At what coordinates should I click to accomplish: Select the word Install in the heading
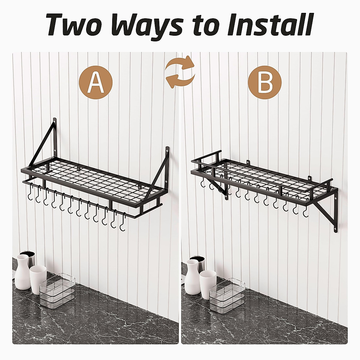click(270, 24)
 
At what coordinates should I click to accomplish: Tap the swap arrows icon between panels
click(180, 72)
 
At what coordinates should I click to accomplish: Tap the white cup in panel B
click(208, 284)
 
